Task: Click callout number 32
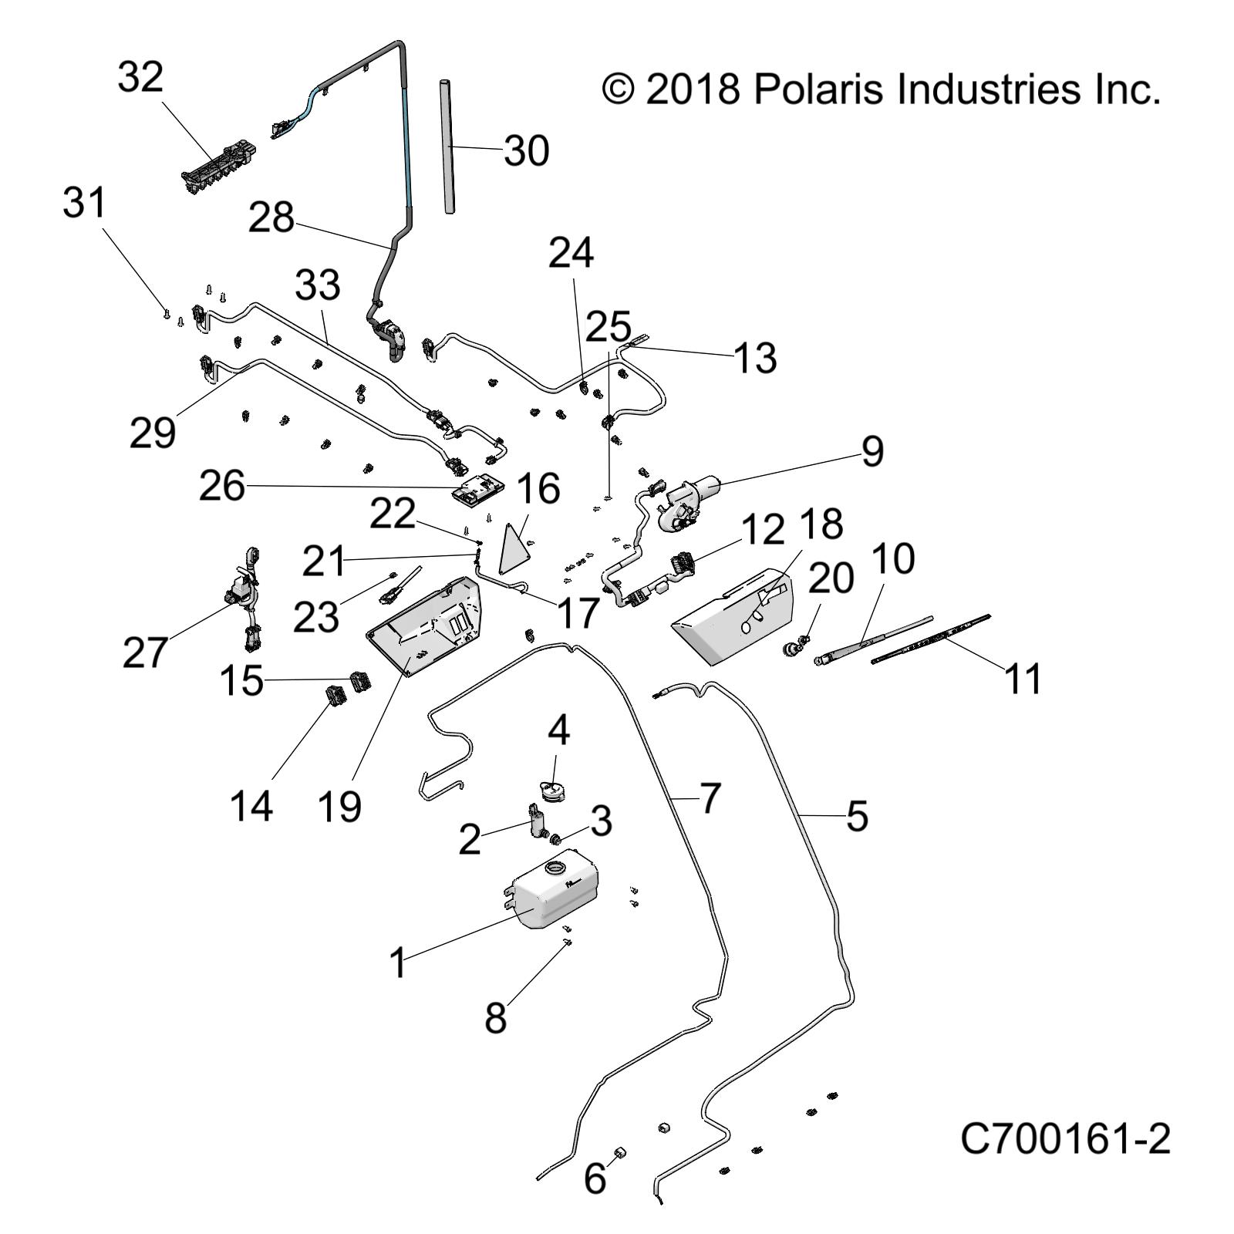pos(140,78)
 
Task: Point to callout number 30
pos(526,151)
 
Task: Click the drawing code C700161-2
pos(1065,1139)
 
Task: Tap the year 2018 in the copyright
pos(692,89)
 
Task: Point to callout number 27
pos(145,652)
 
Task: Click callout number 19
pos(339,807)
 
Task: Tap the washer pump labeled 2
pos(535,823)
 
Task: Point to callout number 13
pos(754,358)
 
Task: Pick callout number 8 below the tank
pos(496,1018)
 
